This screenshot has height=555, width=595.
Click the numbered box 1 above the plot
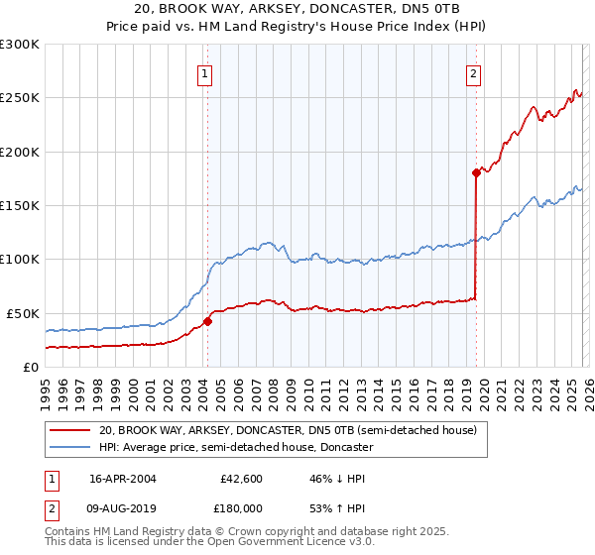[x=204, y=72]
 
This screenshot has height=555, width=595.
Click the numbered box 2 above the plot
[x=474, y=72]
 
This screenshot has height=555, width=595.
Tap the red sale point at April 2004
[x=207, y=321]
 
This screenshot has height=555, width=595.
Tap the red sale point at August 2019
[x=476, y=172]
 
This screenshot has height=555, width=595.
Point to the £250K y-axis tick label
[x=19, y=98]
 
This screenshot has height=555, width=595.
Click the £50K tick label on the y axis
[x=22, y=313]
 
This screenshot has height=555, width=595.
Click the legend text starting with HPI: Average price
[x=235, y=448]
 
